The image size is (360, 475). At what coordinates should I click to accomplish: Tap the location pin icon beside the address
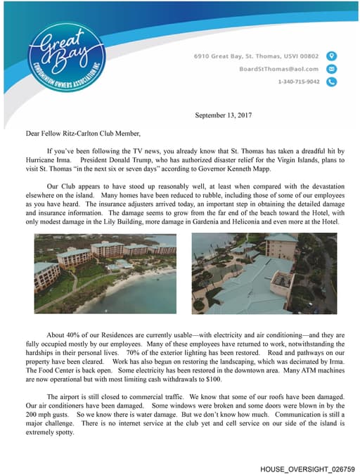333,56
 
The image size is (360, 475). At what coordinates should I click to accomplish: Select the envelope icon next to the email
333,69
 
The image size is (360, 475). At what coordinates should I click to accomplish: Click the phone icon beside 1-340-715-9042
333,82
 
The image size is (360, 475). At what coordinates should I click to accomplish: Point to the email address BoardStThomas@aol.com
278,69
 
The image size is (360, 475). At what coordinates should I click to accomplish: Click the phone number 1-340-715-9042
298,82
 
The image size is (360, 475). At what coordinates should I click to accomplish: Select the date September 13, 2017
224,115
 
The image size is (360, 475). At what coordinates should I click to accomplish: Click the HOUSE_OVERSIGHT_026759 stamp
307,468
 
